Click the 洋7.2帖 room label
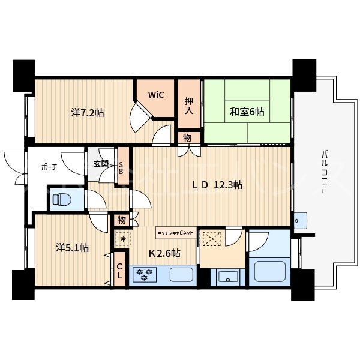pyautogui.click(x=87, y=112)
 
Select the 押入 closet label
pyautogui.click(x=189, y=106)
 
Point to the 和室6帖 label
pyautogui.click(x=247, y=111)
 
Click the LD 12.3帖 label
pyautogui.click(x=217, y=185)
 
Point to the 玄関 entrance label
pyautogui.click(x=100, y=163)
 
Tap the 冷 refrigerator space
pyautogui.click(x=122, y=238)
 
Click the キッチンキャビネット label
pyautogui.click(x=175, y=231)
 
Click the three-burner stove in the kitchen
pyautogui.click(x=145, y=275)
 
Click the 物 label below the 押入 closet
pyautogui.click(x=187, y=138)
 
